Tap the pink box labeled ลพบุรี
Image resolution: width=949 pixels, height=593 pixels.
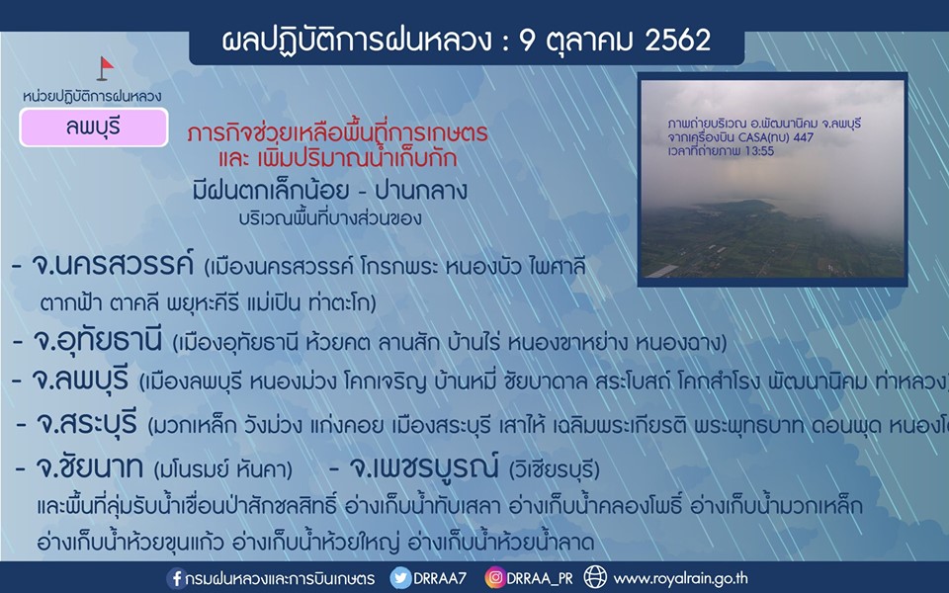coord(94,127)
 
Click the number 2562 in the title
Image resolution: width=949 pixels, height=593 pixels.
coord(677,41)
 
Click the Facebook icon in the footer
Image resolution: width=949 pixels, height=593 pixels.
coord(176,578)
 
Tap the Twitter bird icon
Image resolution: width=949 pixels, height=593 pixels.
coord(400,578)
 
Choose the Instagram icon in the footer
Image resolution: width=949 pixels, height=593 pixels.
coord(494,578)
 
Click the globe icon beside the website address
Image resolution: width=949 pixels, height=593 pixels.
coord(595,577)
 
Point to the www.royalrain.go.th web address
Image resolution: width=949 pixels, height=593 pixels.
coord(681,579)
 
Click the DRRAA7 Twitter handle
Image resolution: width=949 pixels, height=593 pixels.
coord(440,578)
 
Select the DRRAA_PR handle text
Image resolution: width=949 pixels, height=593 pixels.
coord(540,578)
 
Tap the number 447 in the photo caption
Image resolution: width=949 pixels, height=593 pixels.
coord(804,137)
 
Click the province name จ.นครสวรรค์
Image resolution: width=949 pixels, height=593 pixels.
coord(113,265)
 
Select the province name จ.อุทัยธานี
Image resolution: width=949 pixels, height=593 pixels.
coord(98,341)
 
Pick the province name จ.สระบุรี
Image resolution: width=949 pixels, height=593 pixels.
coord(87,423)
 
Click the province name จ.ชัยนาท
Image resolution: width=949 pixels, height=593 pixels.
coord(90,467)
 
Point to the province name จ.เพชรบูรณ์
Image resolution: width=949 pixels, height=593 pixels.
coord(424,466)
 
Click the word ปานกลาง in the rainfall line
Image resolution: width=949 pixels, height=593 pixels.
coord(421,191)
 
